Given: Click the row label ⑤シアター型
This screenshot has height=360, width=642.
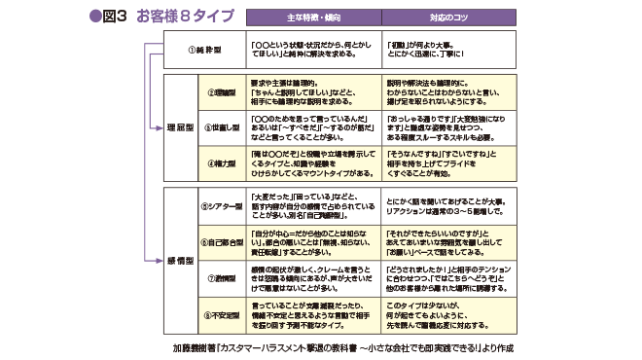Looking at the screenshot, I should pos(220,206).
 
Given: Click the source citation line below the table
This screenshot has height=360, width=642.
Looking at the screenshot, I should pos(347,346).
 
